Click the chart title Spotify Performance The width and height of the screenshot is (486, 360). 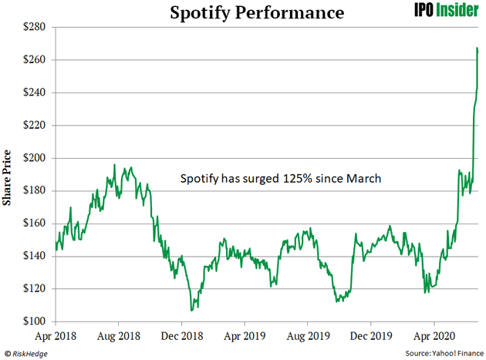tap(242, 12)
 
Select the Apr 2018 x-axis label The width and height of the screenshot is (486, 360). tap(56, 337)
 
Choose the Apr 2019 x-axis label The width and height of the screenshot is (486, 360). tap(245, 337)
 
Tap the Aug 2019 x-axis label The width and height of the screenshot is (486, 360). tap(307, 337)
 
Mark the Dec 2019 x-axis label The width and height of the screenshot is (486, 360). tap(370, 337)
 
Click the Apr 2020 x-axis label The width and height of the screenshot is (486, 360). tap(434, 337)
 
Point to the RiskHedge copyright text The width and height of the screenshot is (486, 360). tap(29, 353)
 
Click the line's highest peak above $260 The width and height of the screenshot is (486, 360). tap(478, 48)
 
